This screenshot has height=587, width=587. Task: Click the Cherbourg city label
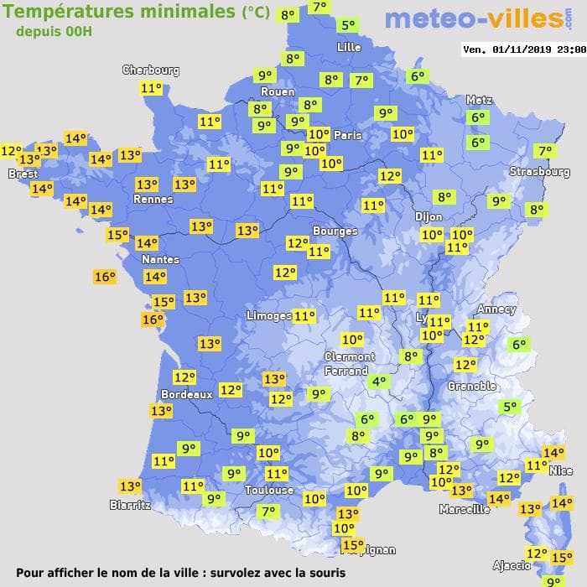click(x=151, y=70)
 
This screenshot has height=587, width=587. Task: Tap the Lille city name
click(x=349, y=47)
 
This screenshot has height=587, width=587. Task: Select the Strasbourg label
click(x=540, y=172)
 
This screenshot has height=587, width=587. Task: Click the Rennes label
click(x=153, y=200)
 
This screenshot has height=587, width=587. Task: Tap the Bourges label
click(x=335, y=231)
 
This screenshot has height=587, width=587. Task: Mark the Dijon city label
click(x=428, y=216)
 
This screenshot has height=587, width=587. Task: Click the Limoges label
click(x=268, y=315)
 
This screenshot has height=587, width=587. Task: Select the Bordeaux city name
click(x=186, y=394)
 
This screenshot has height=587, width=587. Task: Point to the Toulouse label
click(x=269, y=490)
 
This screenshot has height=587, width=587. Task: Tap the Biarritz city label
click(x=130, y=505)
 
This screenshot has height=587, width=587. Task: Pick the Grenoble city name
click(x=472, y=387)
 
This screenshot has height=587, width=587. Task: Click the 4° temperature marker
click(x=379, y=382)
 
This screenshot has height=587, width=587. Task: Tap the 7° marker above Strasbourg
click(x=545, y=152)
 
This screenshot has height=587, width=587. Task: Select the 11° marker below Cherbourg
click(x=152, y=89)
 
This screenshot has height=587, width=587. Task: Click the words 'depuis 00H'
click(x=54, y=31)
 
